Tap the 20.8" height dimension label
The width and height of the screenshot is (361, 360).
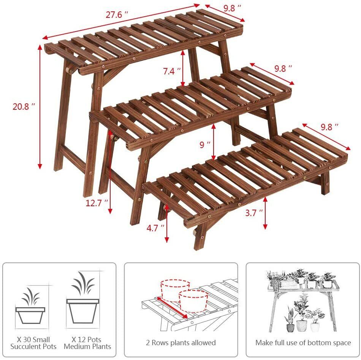click(x=24, y=107)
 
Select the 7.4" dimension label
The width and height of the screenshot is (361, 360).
click(x=171, y=71)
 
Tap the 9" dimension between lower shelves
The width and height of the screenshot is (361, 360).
click(x=205, y=144)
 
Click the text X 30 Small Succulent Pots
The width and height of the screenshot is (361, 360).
click(x=33, y=343)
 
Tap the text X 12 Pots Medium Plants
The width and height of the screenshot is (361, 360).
click(x=87, y=343)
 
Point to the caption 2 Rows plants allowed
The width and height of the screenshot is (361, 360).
click(x=181, y=343)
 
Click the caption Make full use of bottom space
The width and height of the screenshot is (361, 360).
click(x=303, y=343)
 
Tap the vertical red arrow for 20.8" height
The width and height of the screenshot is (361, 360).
click(x=40, y=107)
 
